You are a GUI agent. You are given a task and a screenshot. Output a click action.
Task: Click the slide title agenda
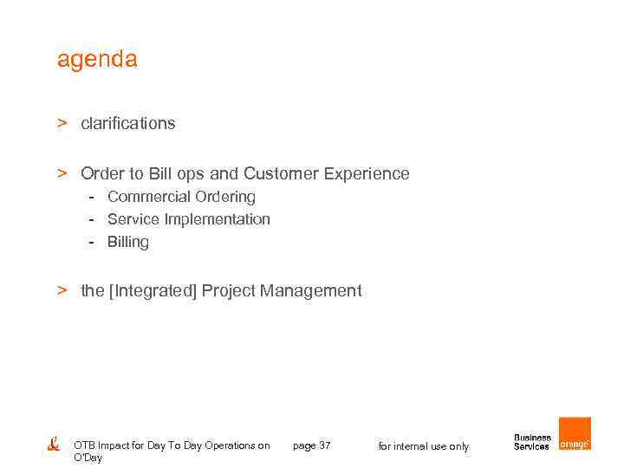click(x=96, y=60)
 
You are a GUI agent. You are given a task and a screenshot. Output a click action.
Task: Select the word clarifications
click(x=127, y=124)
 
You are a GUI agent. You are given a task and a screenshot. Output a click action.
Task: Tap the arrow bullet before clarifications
click(x=62, y=123)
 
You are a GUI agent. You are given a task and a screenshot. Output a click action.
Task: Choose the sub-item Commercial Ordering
click(x=181, y=197)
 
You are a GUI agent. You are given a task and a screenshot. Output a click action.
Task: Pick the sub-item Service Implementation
click(x=188, y=219)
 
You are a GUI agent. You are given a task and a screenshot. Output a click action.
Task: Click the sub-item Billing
click(x=127, y=242)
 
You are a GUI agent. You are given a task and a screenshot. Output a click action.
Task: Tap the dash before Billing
click(x=89, y=242)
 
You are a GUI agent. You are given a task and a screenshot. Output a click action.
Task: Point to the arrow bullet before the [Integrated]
click(x=62, y=290)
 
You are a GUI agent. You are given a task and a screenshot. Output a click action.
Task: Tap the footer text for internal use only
click(x=423, y=446)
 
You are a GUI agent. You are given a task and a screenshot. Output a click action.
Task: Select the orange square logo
click(x=575, y=433)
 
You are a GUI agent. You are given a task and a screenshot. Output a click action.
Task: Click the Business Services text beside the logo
click(x=531, y=442)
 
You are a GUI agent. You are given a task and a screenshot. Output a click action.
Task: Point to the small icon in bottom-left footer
click(x=53, y=443)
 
